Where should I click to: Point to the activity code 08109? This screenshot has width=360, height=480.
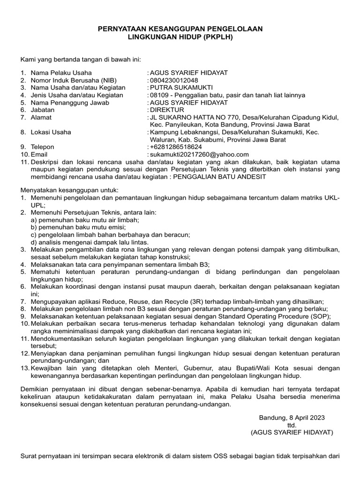click(158, 95)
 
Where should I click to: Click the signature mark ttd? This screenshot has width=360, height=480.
click(292, 425)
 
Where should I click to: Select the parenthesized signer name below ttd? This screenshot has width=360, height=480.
click(292, 433)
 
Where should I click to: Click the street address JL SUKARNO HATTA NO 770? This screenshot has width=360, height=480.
click(189, 117)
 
